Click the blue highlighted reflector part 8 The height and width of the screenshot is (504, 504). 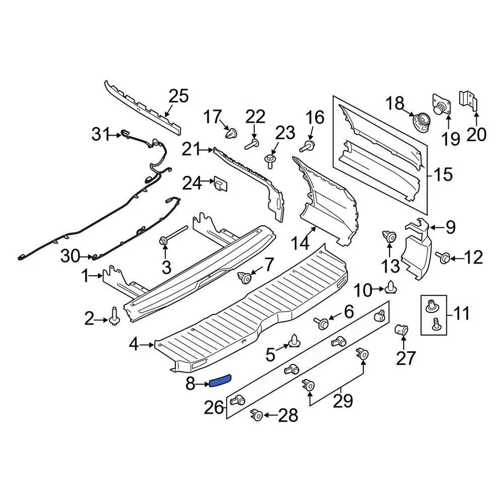(220, 381)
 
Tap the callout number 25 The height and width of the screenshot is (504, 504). (178, 97)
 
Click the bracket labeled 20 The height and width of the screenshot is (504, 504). (469, 99)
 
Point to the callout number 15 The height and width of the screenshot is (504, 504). (443, 174)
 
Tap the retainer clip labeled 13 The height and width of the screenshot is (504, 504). (389, 238)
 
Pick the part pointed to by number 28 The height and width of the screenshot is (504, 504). (257, 415)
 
